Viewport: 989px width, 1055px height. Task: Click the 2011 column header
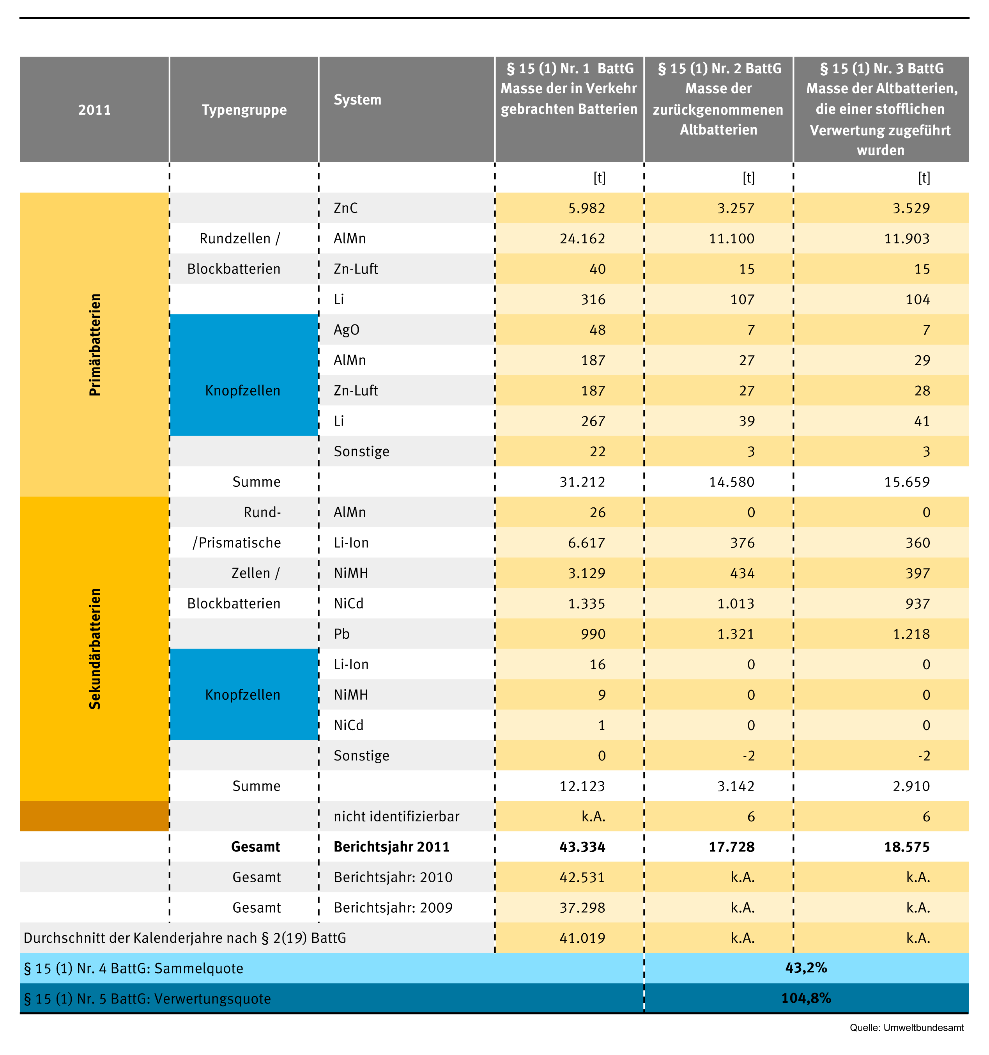pos(94,110)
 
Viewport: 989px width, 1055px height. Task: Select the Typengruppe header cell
pos(244,110)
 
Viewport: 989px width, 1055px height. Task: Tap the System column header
pos(357,100)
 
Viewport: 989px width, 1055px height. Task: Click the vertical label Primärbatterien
pos(95,344)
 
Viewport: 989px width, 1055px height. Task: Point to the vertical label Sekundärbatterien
pos(95,649)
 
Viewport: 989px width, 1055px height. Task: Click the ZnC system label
pos(346,208)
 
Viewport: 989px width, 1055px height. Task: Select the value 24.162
pos(582,238)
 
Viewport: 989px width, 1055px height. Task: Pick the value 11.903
pos(907,238)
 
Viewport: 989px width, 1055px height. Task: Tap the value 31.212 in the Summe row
pos(582,482)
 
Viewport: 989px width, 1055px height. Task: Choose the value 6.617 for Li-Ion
pos(587,543)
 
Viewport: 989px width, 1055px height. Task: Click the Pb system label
pos(341,634)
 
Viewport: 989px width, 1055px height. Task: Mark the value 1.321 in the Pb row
pos(736,634)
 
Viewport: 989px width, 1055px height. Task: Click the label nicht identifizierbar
pos(396,816)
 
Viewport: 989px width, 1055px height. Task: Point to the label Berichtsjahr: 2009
pos(393,908)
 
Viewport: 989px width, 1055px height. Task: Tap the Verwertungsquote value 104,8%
pos(806,998)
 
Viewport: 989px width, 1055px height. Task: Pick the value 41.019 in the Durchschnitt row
pos(582,938)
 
